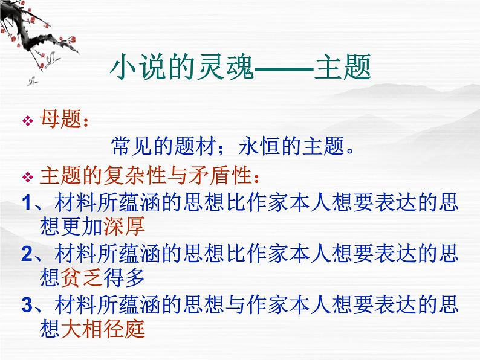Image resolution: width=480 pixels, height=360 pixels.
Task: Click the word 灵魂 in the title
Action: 226,67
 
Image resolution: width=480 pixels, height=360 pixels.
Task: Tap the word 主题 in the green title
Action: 343,67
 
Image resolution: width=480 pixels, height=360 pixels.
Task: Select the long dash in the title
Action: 284,68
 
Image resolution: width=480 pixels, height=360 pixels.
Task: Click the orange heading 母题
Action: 60,118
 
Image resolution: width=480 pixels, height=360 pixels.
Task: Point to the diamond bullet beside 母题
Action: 28,121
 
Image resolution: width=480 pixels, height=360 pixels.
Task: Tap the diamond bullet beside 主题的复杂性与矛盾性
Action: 28,177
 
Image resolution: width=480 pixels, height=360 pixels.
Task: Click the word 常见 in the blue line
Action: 132,146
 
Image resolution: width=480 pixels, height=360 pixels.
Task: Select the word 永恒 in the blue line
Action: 259,146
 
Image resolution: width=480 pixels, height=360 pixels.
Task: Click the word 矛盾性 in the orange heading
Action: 221,176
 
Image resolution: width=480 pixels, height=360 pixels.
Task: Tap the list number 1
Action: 27,202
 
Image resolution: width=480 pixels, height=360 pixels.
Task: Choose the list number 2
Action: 27,254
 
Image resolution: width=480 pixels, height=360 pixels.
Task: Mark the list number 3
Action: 27,305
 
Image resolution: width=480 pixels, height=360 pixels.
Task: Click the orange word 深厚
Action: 124,227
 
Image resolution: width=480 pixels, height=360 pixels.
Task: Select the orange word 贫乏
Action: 82,278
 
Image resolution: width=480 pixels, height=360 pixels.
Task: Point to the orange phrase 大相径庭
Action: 103,329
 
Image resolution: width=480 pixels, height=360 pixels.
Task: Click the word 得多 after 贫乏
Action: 124,278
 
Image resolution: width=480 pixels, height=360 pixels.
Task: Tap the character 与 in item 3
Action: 236,304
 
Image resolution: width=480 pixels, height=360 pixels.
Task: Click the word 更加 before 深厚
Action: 82,227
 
